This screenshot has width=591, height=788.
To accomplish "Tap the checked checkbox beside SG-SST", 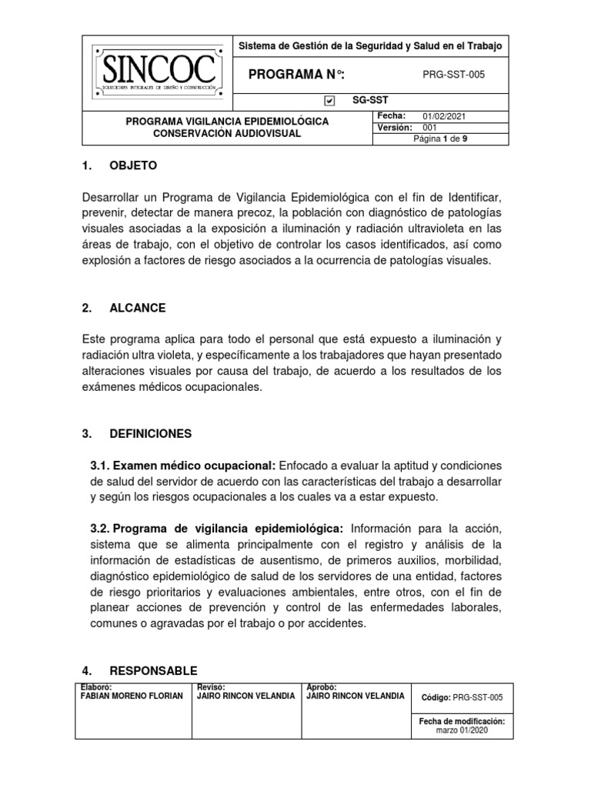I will (329, 100).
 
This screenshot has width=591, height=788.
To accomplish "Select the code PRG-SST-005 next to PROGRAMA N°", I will (454, 74).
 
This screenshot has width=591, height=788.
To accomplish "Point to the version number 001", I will (431, 127).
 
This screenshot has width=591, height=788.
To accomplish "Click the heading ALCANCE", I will (137, 308).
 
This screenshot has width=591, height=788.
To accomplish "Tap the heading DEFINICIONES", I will (150, 434).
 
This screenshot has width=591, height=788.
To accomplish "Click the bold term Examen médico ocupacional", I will (183, 466).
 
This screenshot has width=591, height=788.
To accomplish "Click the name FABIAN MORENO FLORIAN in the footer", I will (132, 696).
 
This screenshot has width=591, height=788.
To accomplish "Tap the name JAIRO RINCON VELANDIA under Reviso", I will (246, 696).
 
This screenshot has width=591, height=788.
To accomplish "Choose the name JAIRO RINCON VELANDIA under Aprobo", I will (355, 696).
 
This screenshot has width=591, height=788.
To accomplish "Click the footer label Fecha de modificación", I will (461, 722).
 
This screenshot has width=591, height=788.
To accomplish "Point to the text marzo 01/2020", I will (461, 731).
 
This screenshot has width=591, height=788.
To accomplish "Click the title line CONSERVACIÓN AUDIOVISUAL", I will (226, 133).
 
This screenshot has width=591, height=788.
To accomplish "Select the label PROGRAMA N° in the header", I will (296, 74).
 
